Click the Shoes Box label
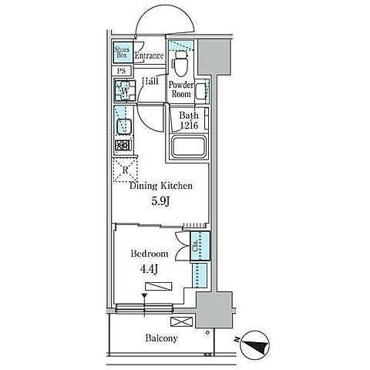point(123,52)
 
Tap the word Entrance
point(150,55)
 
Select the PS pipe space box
point(122,71)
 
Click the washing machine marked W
point(125,90)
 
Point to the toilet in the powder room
point(180,63)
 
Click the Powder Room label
point(181,89)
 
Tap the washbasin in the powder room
point(202,91)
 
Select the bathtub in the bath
point(189,146)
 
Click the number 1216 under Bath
point(189,125)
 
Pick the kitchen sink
point(124,127)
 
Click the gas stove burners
point(124,146)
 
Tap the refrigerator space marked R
point(125,170)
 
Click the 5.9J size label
point(160,202)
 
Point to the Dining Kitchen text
point(161,186)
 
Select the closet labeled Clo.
point(200,247)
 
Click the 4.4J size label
point(149,269)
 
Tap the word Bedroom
point(150,254)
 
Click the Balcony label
point(161,338)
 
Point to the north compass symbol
point(254,345)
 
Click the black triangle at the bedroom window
point(144,295)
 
